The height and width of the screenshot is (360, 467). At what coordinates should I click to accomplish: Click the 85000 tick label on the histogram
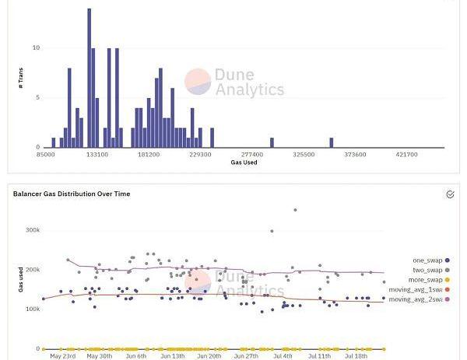point(46,155)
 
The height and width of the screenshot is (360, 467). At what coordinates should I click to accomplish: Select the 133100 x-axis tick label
point(97,155)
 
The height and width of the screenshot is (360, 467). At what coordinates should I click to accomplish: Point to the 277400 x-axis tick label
point(252,155)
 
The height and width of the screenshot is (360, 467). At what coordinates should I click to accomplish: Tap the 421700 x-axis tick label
point(406,155)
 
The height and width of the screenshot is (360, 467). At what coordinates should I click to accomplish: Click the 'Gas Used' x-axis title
point(244,163)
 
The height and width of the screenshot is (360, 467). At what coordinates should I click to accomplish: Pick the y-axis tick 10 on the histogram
point(36,48)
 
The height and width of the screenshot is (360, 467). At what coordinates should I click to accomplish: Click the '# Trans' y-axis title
point(20,78)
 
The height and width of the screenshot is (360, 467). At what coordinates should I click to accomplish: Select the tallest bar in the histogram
point(90,78)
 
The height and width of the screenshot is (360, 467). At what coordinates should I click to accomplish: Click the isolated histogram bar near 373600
point(331,143)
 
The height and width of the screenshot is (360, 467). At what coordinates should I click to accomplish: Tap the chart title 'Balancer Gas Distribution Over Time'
point(72,194)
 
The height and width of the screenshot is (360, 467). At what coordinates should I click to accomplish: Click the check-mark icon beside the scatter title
point(450,194)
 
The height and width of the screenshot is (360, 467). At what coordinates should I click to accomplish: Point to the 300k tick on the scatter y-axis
point(32,230)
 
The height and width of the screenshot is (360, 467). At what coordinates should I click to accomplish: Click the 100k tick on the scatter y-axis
point(32,309)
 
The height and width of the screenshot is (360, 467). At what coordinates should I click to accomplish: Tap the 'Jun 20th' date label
point(209,356)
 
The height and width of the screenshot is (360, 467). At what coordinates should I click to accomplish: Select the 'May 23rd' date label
point(62,356)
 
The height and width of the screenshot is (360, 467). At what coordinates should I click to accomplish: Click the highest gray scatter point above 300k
point(295,210)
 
